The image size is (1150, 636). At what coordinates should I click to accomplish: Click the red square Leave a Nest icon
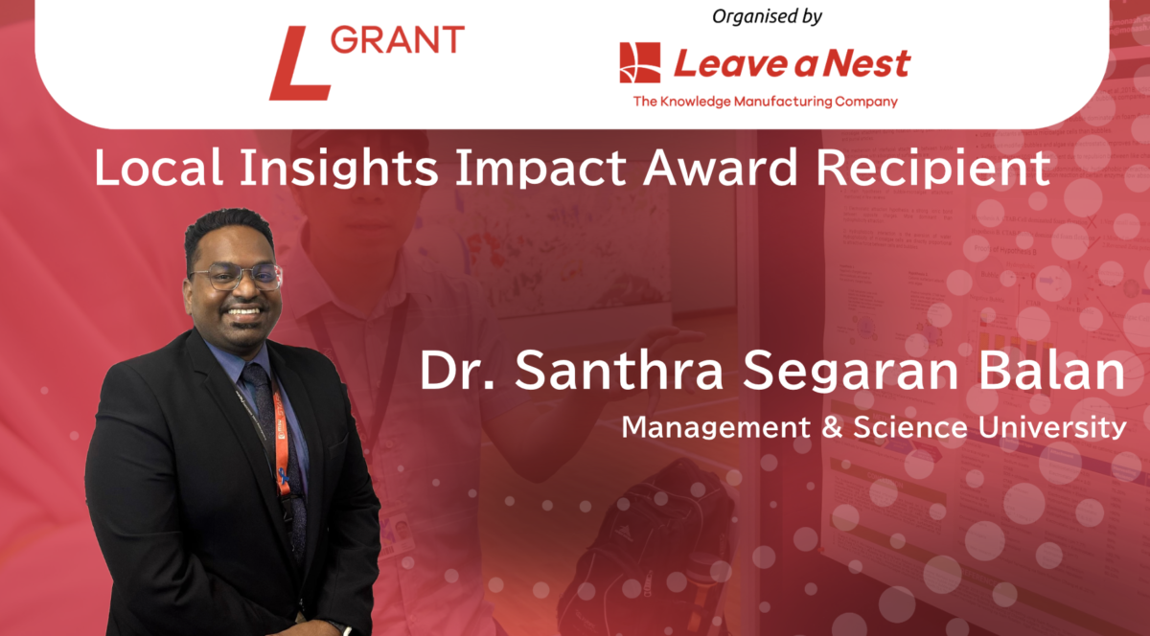640,63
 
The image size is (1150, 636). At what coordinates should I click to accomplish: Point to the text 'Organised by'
767,16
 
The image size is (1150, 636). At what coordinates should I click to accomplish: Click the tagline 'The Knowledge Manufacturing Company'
765,102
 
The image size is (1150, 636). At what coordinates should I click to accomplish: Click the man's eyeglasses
236,277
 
